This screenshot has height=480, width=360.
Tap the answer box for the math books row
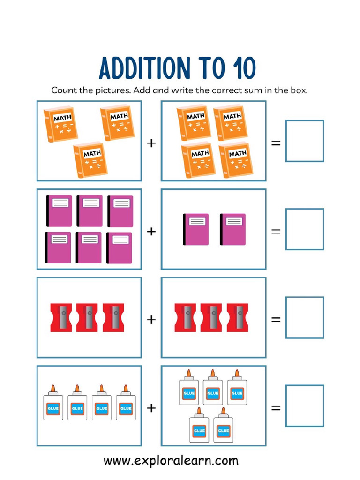[305, 141]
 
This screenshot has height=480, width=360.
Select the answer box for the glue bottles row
[305, 405]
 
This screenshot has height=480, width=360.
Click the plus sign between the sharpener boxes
[151, 320]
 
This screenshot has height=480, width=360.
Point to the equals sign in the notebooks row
[276, 231]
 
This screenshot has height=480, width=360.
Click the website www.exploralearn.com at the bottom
[171, 461]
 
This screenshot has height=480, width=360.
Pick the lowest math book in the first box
[90, 159]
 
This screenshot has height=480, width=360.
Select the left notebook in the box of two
[195, 229]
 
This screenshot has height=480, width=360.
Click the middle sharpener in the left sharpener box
[87, 317]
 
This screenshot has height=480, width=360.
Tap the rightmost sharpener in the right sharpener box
[238, 317]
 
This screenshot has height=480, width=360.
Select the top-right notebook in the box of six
[120, 211]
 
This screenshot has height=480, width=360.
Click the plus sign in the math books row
[151, 143]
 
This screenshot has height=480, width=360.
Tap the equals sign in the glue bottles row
[276, 407]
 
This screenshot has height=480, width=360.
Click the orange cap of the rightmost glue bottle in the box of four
[125, 389]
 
